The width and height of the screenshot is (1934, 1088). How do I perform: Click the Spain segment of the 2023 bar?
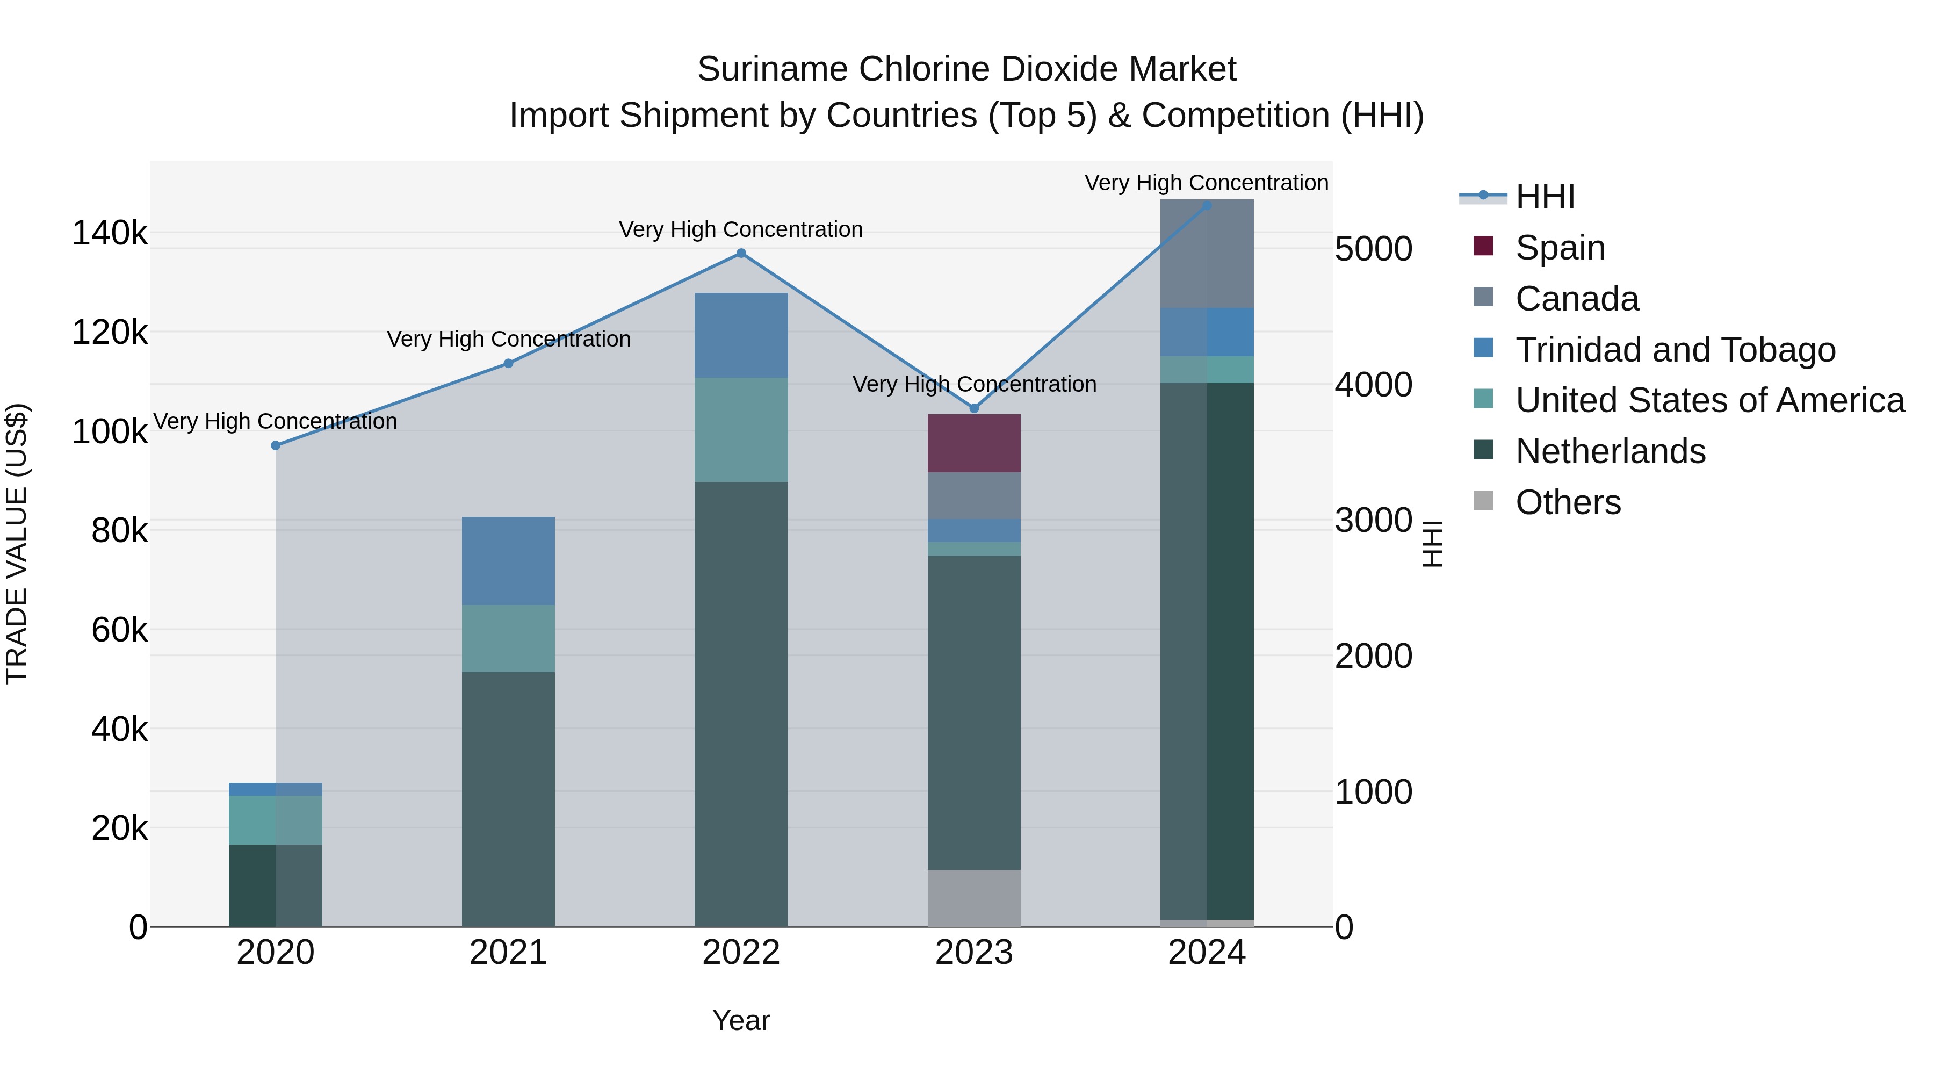pos(974,443)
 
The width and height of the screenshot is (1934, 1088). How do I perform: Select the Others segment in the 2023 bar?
pos(974,897)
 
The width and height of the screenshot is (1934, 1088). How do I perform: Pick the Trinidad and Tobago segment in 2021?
pos(508,560)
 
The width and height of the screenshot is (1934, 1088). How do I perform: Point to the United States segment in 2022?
pos(741,429)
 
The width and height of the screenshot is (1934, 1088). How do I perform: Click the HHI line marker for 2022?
pos(741,253)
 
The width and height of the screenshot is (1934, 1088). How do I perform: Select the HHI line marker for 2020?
pos(276,445)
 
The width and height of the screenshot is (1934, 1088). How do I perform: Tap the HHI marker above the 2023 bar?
pos(974,408)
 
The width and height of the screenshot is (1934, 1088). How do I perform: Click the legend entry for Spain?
pos(1560,248)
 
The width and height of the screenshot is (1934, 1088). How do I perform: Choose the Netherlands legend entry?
pos(1610,451)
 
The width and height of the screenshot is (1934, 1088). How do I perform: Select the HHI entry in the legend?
pos(1545,197)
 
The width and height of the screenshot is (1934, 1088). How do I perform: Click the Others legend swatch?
pos(1483,501)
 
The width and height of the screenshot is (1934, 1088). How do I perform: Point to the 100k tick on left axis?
pos(110,432)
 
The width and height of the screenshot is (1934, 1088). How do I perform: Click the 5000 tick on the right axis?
pos(1373,249)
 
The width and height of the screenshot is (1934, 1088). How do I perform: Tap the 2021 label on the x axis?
pos(508,953)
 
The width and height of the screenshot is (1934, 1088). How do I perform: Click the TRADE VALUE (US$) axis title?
pos(17,544)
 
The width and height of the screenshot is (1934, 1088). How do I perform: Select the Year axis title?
pos(741,1020)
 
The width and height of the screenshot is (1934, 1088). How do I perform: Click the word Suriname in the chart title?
pos(772,69)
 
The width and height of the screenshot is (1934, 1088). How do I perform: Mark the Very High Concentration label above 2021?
pos(508,340)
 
